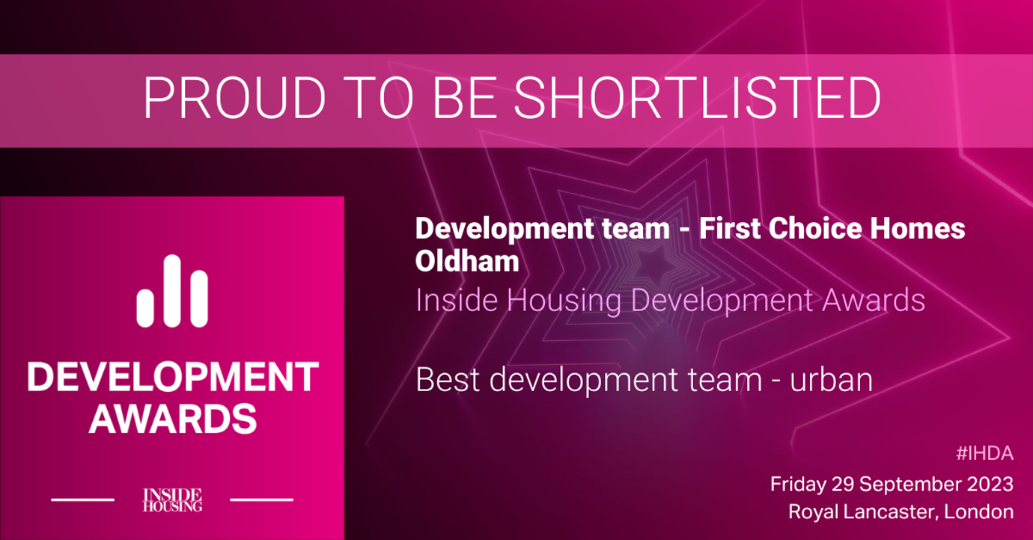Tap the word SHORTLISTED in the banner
698,98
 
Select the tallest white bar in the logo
172,291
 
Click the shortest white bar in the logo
145,308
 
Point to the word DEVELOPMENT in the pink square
173,376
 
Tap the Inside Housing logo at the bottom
172,500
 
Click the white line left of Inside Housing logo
82,500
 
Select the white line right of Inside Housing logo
261,500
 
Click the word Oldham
467,261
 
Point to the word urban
832,380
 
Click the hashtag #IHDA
985,454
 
